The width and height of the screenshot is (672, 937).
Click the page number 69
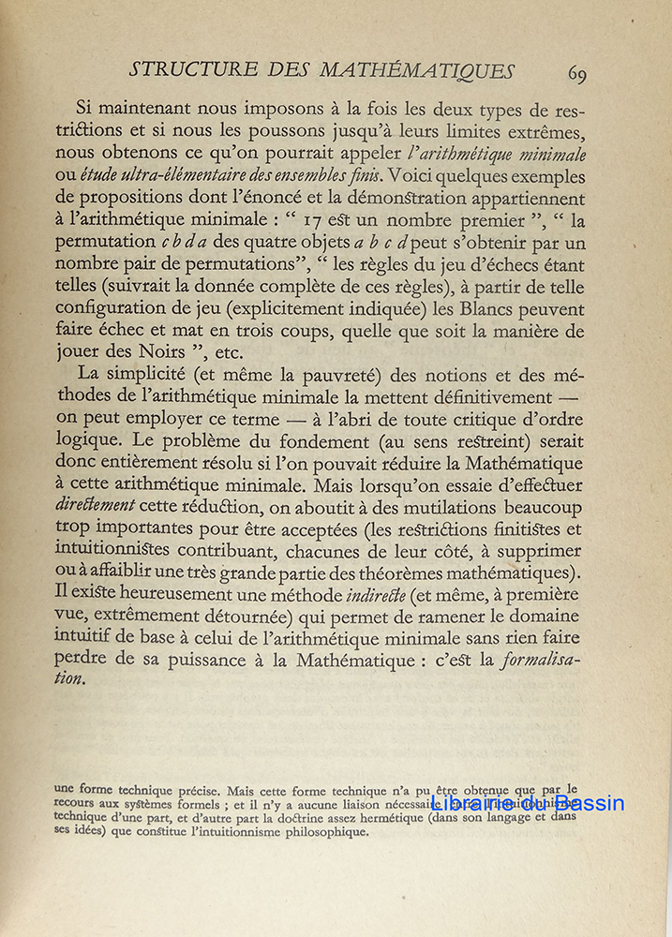(x=576, y=74)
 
